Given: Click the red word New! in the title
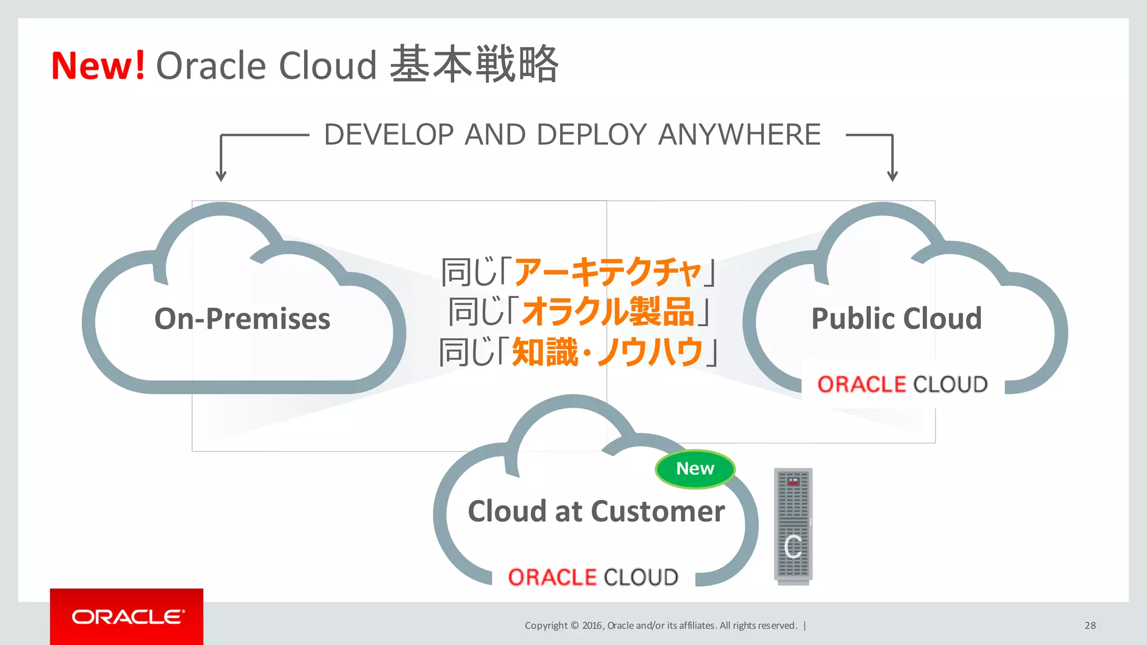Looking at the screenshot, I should (x=98, y=66).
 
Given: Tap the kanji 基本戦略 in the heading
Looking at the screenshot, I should (x=474, y=64).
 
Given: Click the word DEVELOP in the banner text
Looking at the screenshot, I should (x=389, y=135).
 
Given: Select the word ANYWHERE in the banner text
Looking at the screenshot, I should (x=739, y=135).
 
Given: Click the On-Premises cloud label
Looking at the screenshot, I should (x=242, y=319).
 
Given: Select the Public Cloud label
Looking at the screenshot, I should (x=896, y=319).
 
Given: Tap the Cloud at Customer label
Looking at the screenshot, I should (x=596, y=511).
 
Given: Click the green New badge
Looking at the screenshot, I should (x=695, y=469).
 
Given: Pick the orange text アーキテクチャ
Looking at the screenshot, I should (x=608, y=272).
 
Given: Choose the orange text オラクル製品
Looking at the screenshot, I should (x=608, y=312).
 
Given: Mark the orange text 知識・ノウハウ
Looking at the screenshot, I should (x=608, y=352).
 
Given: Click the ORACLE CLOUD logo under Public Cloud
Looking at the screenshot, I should (x=902, y=385).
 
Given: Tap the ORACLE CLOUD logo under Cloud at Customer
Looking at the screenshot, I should (x=593, y=577).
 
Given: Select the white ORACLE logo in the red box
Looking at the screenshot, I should (x=127, y=617).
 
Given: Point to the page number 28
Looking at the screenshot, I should (x=1090, y=625).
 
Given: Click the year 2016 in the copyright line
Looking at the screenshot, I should (x=592, y=625).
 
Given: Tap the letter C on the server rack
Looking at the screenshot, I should (x=793, y=547).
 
